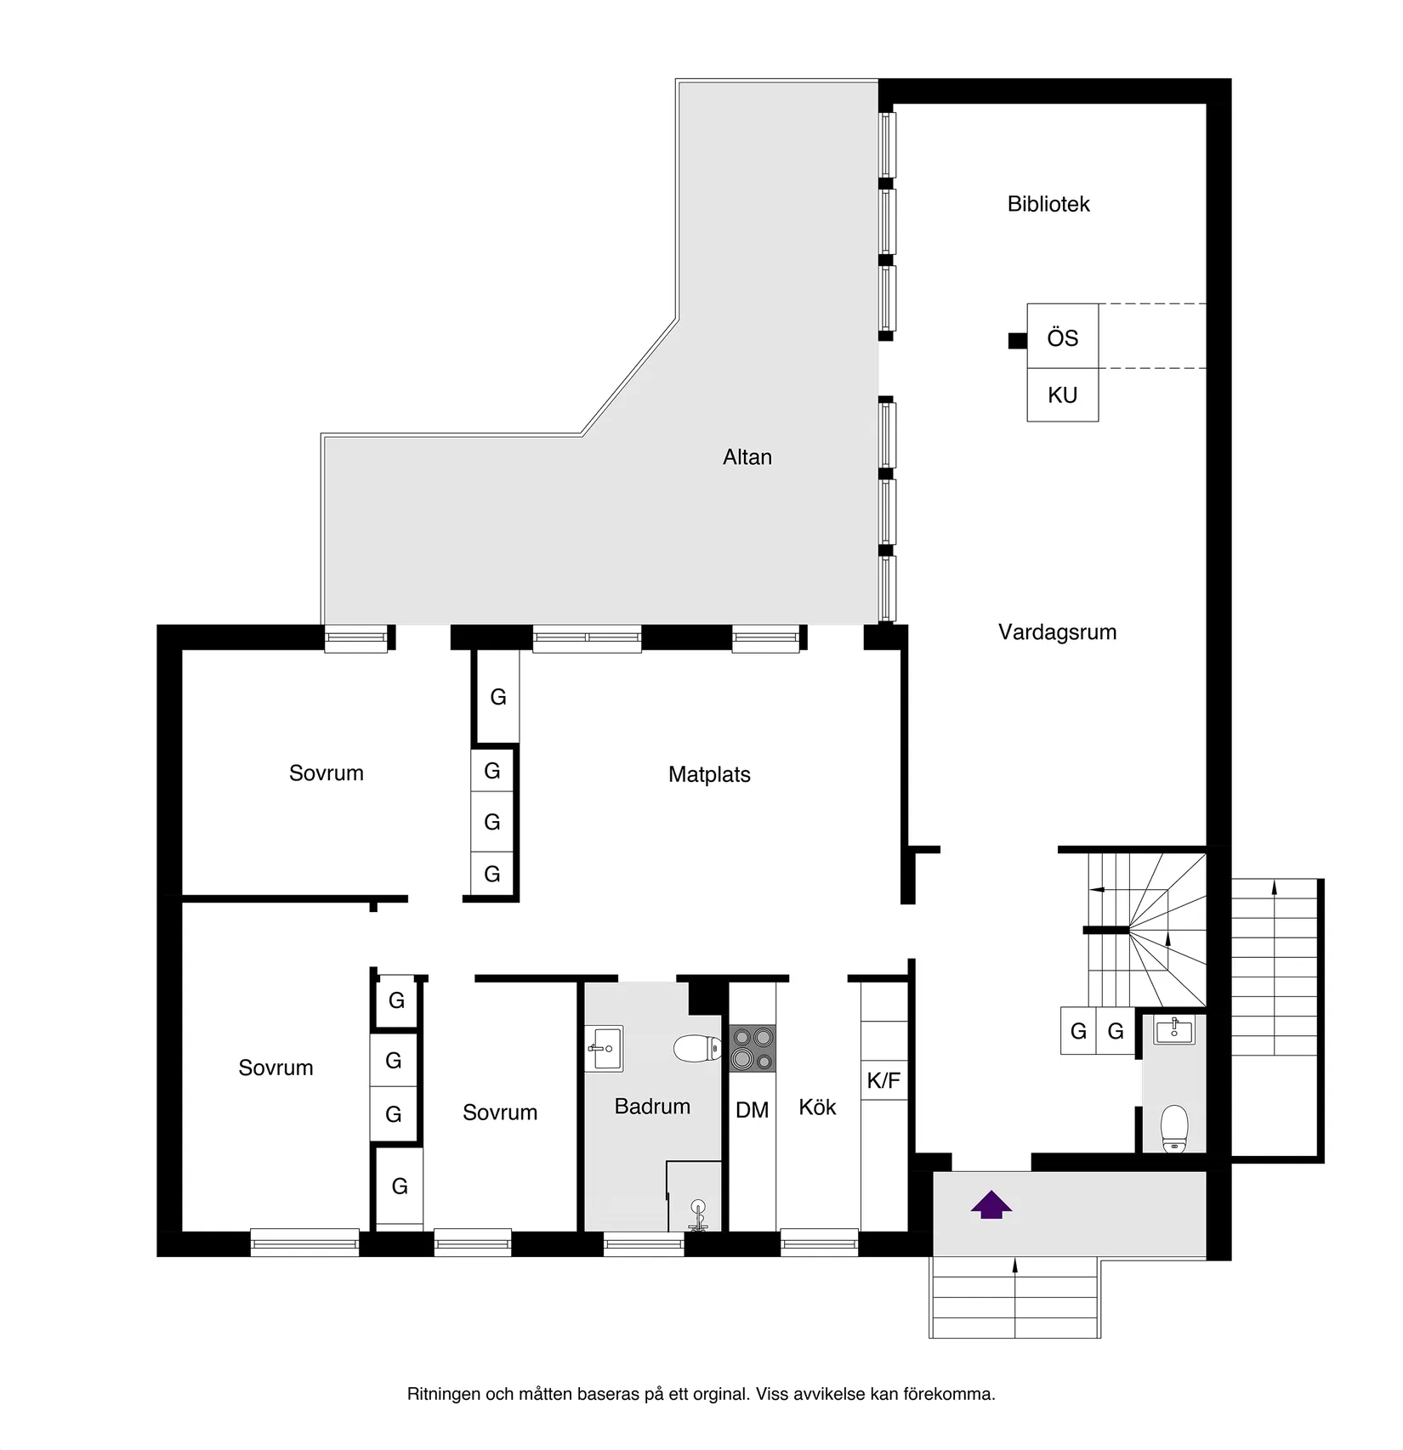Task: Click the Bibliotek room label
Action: pos(1048,204)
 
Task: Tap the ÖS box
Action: pos(1062,337)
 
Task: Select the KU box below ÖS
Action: pos(1062,395)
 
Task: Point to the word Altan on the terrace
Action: pos(747,457)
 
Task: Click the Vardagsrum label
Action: pos(1057,632)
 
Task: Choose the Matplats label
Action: pos(709,774)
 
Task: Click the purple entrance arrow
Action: pos(991,1205)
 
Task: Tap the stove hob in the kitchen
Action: pos(753,1048)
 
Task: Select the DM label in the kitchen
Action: pos(752,1110)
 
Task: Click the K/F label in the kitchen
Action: pos(883,1081)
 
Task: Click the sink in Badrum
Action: pos(605,1048)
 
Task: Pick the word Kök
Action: pos(817,1107)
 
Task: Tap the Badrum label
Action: pos(652,1107)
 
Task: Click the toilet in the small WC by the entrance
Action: pos(1174,1128)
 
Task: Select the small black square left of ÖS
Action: pos(1017,341)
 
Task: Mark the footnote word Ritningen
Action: pos(444,1394)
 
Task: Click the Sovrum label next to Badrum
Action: pos(500,1113)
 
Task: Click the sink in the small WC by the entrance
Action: pos(1174,1032)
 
